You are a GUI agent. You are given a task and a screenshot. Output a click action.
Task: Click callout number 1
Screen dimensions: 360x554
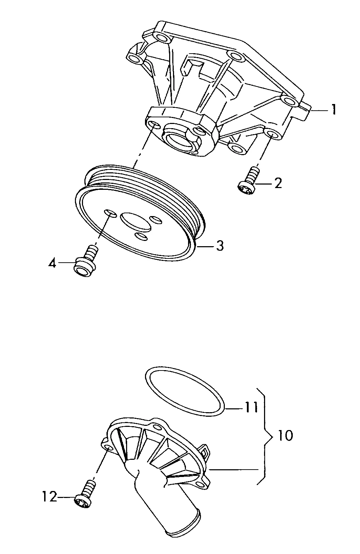point(334,110)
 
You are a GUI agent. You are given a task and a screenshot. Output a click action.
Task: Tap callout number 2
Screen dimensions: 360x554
point(278,183)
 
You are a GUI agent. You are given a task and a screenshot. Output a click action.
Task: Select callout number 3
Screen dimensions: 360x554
point(220,246)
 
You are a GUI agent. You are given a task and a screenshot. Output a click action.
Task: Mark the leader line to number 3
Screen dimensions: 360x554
point(206,246)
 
